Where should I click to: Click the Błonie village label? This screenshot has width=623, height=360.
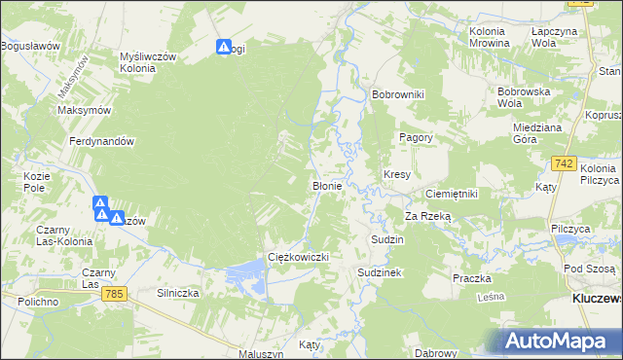[x=325, y=185]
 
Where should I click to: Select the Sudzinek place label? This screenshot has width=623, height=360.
[x=380, y=273]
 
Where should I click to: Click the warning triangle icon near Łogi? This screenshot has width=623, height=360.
[x=224, y=46]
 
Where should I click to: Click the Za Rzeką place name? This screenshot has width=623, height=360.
[x=429, y=216]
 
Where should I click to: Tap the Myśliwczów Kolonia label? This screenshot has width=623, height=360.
[x=147, y=62]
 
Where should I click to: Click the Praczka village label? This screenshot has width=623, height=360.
[x=471, y=278]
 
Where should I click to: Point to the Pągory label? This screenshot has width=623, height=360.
[x=416, y=138]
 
